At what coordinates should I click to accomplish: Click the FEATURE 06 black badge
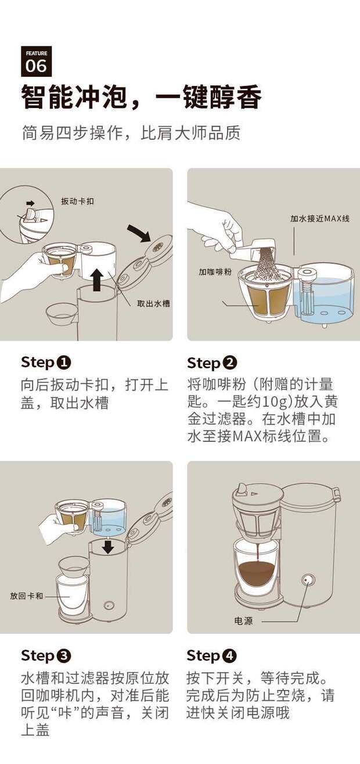click(37, 62)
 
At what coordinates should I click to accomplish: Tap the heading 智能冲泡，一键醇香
click(142, 97)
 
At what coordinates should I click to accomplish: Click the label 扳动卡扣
click(77, 201)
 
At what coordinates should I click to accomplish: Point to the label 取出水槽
click(153, 303)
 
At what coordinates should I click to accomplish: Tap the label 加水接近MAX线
click(320, 218)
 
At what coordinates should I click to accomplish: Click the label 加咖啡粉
click(215, 271)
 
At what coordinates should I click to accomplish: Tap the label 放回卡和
click(27, 596)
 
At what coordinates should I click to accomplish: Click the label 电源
click(243, 620)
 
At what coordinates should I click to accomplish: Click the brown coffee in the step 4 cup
click(257, 571)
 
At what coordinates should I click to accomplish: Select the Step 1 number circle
click(63, 363)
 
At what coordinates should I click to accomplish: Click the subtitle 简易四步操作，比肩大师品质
click(131, 132)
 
